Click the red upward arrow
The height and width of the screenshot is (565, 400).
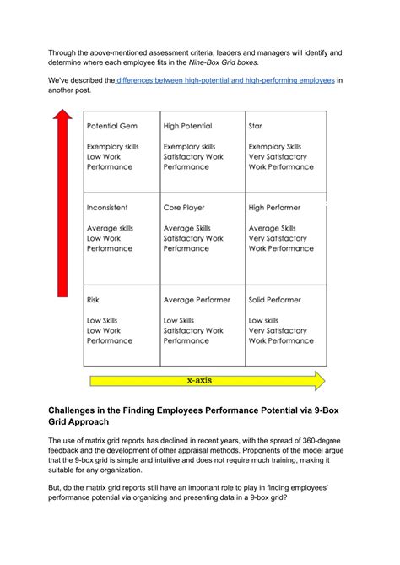(61, 203)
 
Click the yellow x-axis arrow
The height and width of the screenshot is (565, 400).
(203, 381)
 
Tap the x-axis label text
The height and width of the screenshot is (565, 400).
(199, 381)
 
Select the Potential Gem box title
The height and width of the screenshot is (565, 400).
(111, 126)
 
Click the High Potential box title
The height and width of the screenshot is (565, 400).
(187, 126)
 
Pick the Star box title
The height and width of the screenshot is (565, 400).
(256, 126)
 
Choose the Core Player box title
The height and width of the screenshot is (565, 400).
(184, 208)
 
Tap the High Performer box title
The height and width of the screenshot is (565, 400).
(274, 208)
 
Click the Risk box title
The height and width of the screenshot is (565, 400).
(94, 300)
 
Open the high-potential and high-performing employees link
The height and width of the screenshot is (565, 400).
(226, 80)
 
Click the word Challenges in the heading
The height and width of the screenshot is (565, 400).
(82, 409)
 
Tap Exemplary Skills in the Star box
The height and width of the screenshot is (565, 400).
(275, 147)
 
